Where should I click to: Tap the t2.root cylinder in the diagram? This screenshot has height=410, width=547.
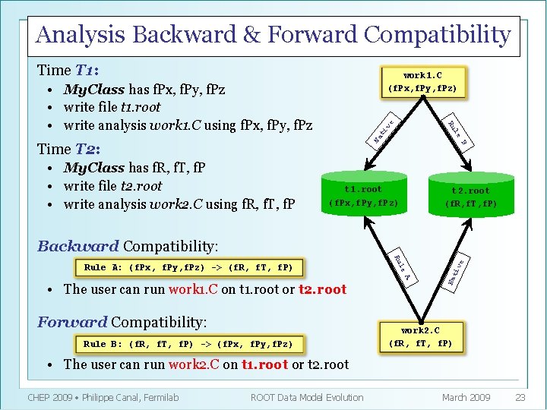[x=470, y=197]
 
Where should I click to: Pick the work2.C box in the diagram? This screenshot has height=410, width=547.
[x=421, y=336]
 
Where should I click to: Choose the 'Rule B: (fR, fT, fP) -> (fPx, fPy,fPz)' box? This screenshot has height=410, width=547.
[x=188, y=344]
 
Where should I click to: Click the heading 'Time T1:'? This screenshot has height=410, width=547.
[x=68, y=71]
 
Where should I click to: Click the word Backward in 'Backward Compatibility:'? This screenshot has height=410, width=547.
[x=77, y=246]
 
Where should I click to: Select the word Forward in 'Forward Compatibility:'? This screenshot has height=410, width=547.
[x=72, y=322]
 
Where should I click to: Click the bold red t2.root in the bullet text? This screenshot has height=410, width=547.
[x=322, y=289]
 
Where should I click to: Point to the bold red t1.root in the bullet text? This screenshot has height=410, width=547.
[x=264, y=364]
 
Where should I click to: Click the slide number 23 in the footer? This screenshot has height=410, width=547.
[x=520, y=397]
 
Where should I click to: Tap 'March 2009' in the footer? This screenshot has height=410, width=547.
[x=466, y=397]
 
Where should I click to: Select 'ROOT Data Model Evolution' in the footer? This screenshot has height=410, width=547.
[x=307, y=397]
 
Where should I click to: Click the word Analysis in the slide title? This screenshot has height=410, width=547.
[x=81, y=34]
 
